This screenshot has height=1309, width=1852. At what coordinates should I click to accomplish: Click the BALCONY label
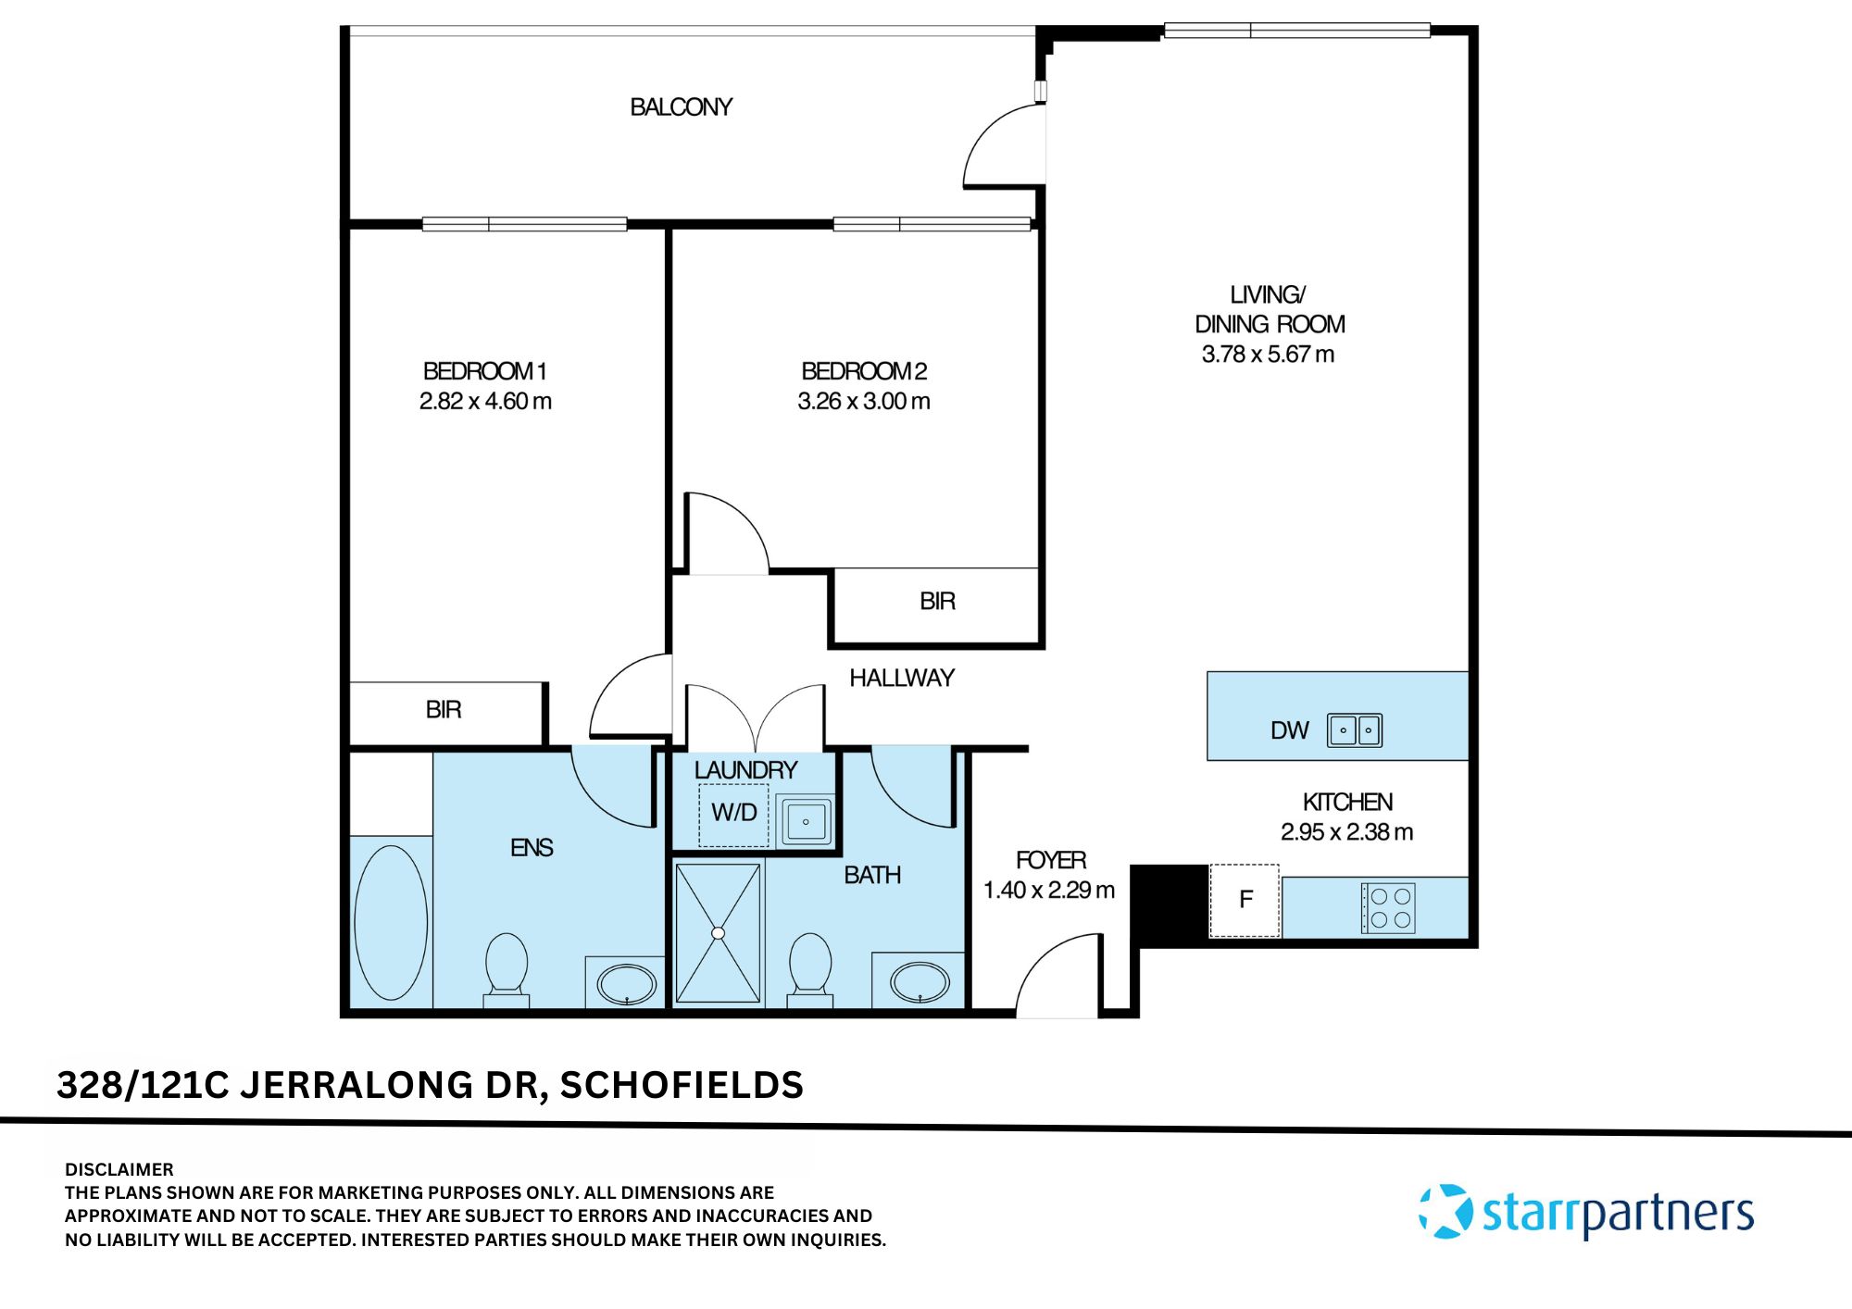(x=681, y=107)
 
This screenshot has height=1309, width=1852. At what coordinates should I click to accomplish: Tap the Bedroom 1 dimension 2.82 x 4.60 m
(x=485, y=401)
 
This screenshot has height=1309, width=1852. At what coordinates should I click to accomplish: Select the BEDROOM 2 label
(x=864, y=371)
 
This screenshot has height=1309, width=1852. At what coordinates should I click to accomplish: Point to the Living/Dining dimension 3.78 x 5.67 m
(x=1268, y=355)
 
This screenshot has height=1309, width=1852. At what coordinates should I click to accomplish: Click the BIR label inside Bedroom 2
(x=937, y=602)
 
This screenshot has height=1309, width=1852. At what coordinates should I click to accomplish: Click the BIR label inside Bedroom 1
(x=444, y=710)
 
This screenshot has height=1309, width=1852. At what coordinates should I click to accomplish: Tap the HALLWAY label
(x=901, y=679)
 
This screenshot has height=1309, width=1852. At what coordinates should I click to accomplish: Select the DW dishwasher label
(x=1289, y=731)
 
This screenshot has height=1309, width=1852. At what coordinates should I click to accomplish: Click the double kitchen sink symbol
(x=1355, y=729)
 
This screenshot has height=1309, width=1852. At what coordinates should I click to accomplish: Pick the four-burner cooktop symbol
(x=1387, y=907)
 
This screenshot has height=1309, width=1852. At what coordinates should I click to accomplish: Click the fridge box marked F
(x=1245, y=900)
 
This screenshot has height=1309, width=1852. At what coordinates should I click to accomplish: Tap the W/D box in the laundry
(x=733, y=813)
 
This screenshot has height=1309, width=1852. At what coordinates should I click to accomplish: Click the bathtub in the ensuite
(x=391, y=922)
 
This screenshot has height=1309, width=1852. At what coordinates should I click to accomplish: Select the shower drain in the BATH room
(x=718, y=933)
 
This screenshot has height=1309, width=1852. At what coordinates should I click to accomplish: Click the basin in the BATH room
(x=920, y=982)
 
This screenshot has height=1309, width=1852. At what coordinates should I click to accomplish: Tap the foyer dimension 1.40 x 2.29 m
(x=1048, y=891)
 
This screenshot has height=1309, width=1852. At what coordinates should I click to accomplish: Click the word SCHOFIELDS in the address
(x=682, y=1085)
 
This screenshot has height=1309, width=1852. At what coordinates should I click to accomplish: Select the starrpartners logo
(x=1586, y=1212)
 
